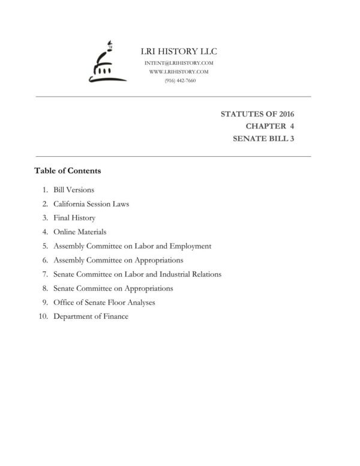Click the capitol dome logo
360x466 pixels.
click(104, 62)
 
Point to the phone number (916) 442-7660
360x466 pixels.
click(179, 80)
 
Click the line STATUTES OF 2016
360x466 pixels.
click(258, 113)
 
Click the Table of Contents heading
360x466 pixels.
click(68, 171)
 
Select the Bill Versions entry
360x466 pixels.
click(74, 190)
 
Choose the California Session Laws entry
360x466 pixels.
click(91, 204)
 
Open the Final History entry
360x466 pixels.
click(74, 218)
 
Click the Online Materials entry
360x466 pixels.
click(80, 232)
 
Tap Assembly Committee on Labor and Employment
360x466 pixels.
click(132, 246)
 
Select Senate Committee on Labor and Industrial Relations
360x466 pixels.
click(137, 274)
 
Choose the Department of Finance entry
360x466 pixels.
click(91, 316)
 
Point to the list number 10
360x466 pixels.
click(43, 316)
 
